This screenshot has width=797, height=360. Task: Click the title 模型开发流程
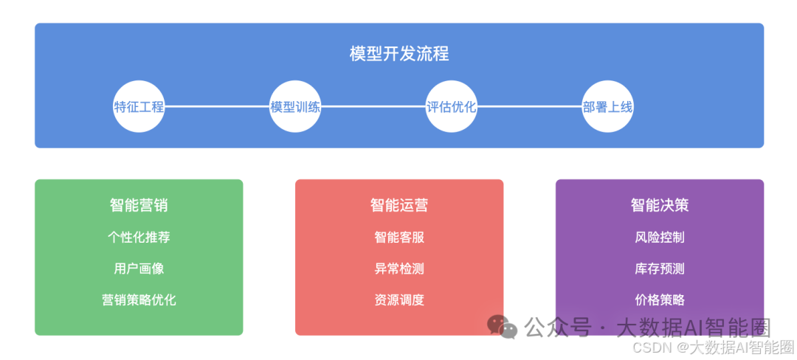point(399,54)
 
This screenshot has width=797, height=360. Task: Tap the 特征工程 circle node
point(139,107)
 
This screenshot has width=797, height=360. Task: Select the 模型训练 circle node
point(295,107)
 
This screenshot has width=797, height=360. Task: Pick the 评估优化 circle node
point(452,107)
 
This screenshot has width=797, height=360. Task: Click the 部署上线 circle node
point(607,107)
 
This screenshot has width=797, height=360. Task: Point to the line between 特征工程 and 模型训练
point(217,107)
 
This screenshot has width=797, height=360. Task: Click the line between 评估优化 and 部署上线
point(530,107)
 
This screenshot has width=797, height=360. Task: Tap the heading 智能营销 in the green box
point(139,205)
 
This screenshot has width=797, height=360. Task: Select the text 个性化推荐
point(139,238)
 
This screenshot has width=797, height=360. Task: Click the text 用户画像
point(139,269)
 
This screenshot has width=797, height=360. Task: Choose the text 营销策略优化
point(139,300)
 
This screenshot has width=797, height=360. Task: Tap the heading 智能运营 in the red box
point(399,205)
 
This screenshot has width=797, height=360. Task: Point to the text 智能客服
point(399,238)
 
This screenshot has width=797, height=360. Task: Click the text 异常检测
point(399,269)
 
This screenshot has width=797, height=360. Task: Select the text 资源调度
point(399,300)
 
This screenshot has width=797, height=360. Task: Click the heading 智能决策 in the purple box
point(660,205)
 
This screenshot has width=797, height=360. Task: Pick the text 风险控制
point(660,238)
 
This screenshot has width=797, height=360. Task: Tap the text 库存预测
point(660,269)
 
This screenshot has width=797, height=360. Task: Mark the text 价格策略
point(660,300)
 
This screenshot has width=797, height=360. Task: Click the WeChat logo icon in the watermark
point(503,327)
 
